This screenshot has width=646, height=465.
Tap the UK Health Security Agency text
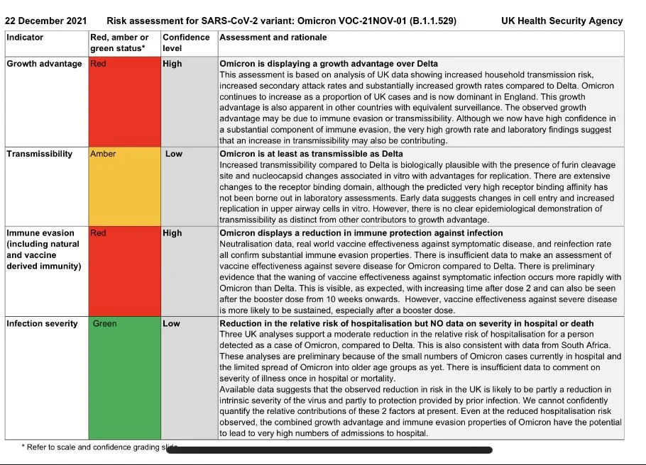tap(562, 21)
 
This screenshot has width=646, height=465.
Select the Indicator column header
tap(25, 37)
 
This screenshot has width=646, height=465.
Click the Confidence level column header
tap(186, 43)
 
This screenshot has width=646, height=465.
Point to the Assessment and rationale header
tap(273, 37)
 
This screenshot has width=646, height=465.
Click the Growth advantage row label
tap(44, 64)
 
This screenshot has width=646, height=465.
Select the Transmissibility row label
tap(40, 154)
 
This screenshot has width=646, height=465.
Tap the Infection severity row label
tap(43, 324)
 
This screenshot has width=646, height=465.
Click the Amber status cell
tap(125, 186)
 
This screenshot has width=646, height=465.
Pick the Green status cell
tap(125, 379)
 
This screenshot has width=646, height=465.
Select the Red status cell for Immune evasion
tap(125, 271)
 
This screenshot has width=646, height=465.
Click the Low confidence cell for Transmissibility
tap(174, 154)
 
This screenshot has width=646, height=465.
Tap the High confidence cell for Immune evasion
tap(173, 232)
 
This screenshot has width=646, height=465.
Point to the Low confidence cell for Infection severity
tap(172, 324)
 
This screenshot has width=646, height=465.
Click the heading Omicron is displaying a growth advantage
tap(329, 64)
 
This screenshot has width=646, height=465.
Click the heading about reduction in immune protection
tap(361, 233)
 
